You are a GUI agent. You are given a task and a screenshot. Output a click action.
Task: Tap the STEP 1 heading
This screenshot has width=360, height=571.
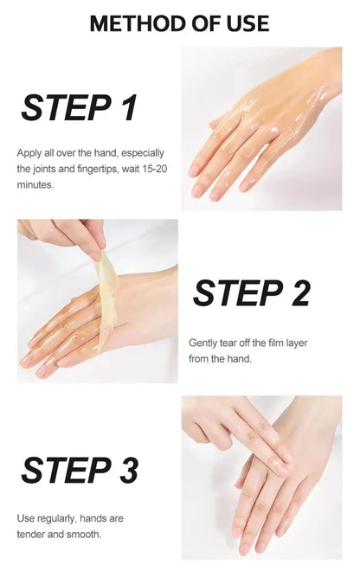tap(79, 108)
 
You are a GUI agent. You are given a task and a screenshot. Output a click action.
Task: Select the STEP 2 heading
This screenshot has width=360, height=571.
tap(251, 293)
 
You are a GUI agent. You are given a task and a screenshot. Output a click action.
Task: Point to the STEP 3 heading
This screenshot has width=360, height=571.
tap(79, 471)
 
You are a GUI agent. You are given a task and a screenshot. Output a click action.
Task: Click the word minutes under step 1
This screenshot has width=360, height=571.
tap(35, 184)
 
